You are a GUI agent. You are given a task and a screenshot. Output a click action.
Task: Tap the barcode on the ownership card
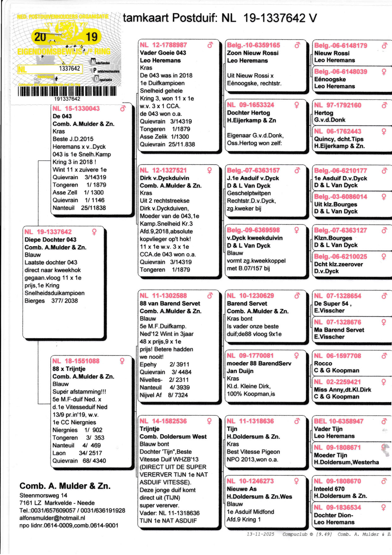pos(67,91)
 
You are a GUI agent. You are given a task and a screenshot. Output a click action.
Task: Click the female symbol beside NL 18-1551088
pos(122,361)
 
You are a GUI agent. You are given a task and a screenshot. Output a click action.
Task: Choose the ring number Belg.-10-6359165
pos(253,45)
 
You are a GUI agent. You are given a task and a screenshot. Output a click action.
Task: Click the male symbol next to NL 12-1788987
pos(210,45)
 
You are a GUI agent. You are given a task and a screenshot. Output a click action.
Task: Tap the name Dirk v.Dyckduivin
pos(164,178)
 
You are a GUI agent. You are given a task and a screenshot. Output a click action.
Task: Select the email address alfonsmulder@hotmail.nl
pos(52,518)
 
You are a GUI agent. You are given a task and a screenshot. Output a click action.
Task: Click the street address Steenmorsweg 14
pos(43,495)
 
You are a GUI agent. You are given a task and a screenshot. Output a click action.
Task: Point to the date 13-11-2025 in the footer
pos(260,534)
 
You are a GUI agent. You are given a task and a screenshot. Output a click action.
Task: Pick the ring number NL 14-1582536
pos(163,421)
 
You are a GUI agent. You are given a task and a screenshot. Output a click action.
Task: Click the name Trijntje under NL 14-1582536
pos(150,429)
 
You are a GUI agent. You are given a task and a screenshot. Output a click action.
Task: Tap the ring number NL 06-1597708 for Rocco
pos(337,356)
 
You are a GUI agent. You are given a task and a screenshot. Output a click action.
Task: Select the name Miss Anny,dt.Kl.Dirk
pos(342,390)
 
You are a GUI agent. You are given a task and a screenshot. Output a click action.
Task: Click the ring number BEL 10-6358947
pos(339,421)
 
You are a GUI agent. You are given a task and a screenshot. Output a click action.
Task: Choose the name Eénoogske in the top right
pos(330,79)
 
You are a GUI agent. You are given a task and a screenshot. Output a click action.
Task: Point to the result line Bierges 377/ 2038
pos(51,301)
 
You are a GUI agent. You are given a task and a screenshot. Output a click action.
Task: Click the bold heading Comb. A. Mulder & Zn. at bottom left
pos(65,486)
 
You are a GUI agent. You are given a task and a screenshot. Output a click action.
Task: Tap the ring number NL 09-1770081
pos(250,356)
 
